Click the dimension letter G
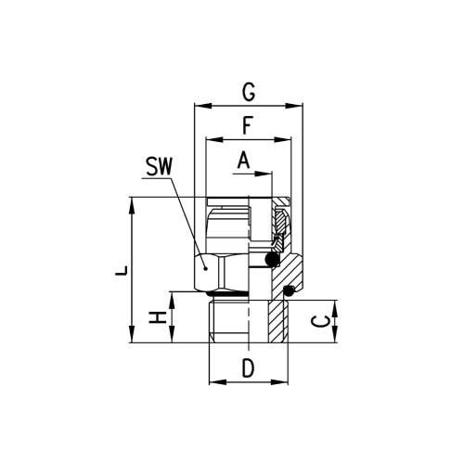click(249, 92)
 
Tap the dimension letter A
click(244, 160)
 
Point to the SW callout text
click(159, 166)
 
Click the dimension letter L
click(122, 270)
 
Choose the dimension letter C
click(320, 322)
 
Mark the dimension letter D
click(248, 368)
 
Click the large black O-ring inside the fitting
click(272, 259)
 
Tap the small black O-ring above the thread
click(290, 290)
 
